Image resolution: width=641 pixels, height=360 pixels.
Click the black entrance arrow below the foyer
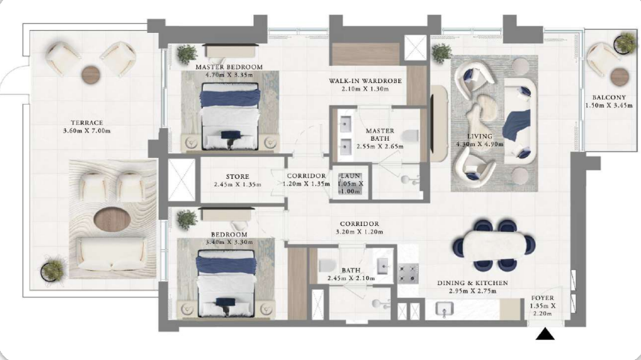coord(545,334)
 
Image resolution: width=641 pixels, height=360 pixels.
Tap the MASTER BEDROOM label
coord(229,67)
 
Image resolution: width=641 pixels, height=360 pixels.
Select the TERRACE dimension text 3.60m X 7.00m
coord(87,131)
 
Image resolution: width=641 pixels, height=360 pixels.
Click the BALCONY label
coord(609,97)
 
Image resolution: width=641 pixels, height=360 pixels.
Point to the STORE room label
coord(237,177)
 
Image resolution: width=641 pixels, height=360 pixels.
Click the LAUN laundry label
coord(350,176)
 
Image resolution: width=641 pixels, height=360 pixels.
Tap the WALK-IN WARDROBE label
coord(365,81)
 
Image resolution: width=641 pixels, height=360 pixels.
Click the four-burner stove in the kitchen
coord(408,273)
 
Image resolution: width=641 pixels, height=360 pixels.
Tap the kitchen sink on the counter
coord(444,309)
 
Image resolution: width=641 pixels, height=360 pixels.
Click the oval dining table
coord(493,244)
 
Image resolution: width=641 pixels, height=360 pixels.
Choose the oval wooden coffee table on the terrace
coord(112,219)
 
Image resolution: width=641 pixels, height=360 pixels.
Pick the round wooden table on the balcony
coord(620,76)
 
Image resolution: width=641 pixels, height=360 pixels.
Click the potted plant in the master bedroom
coord(187,55)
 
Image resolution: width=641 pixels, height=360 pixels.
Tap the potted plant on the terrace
coord(53,269)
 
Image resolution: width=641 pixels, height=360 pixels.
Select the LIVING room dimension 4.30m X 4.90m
coord(480,144)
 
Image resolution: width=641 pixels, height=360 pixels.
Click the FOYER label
coord(542,298)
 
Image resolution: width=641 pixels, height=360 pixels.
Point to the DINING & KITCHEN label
coord(473,283)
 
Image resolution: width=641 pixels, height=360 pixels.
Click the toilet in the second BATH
coord(327,266)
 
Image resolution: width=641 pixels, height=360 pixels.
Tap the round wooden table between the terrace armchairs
coord(91,75)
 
